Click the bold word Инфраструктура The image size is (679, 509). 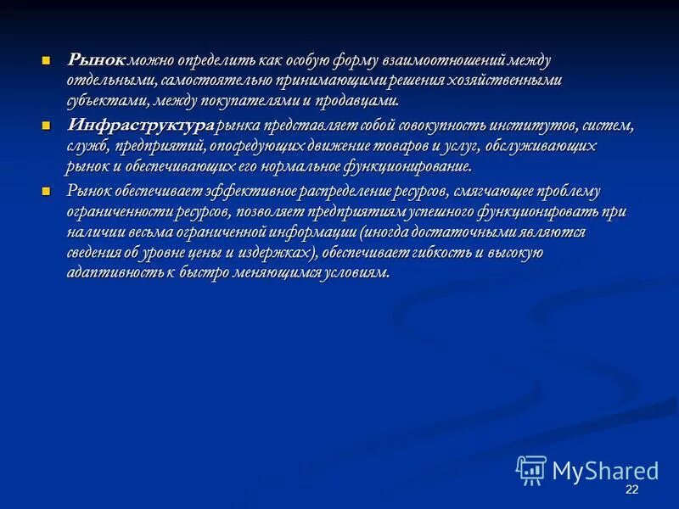click(x=140, y=126)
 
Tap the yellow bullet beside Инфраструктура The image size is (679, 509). click(x=47, y=126)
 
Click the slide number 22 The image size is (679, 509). click(x=631, y=491)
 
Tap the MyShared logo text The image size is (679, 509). click(x=605, y=471)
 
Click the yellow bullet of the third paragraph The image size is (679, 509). click(x=47, y=191)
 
